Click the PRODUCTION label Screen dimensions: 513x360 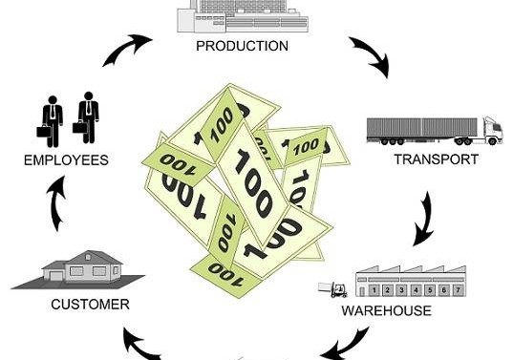click(x=242, y=46)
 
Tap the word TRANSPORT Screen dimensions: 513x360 click(x=437, y=159)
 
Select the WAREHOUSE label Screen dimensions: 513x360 click(x=386, y=310)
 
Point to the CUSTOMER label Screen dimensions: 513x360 click(x=91, y=305)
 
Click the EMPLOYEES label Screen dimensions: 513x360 click(x=66, y=160)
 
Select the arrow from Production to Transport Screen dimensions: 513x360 click(x=371, y=55)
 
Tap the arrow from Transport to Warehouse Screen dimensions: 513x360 click(x=425, y=219)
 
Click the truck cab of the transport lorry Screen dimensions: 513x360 click(x=492, y=131)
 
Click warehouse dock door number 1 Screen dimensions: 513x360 click(x=374, y=290)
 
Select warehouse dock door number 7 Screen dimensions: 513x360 click(x=458, y=290)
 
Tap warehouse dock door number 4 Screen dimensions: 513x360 click(x=416, y=290)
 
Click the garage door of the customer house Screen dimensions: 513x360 click(x=55, y=277)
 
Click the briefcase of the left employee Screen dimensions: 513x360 click(x=44, y=131)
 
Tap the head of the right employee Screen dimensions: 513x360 click(x=88, y=95)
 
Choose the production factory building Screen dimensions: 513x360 click(x=243, y=16)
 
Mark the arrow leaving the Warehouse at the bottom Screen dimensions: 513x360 click(x=345, y=343)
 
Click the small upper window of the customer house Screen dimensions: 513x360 click(x=88, y=257)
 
